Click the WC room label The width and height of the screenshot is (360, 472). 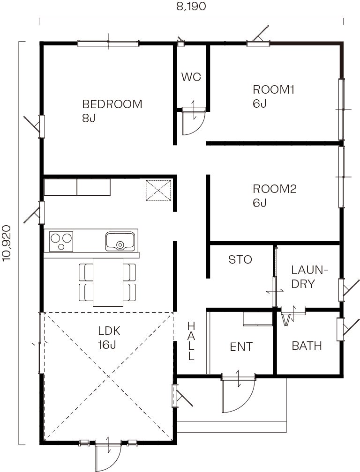(x=191, y=77)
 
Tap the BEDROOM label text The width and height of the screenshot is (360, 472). (x=112, y=104)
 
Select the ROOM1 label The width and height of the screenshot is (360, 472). (x=273, y=90)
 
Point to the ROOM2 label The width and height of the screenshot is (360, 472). (x=274, y=189)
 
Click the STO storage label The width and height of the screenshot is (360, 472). (x=240, y=259)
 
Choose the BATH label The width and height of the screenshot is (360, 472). (x=307, y=346)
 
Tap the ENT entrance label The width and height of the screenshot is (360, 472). (x=241, y=347)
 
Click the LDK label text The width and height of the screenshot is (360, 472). (x=109, y=331)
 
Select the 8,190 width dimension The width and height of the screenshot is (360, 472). (x=191, y=7)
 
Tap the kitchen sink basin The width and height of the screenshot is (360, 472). (x=120, y=241)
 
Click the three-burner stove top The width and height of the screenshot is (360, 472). (x=61, y=242)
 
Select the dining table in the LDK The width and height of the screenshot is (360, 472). (x=108, y=282)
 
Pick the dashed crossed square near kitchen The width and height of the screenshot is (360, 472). (x=158, y=190)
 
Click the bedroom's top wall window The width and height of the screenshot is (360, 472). (x=108, y=44)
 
